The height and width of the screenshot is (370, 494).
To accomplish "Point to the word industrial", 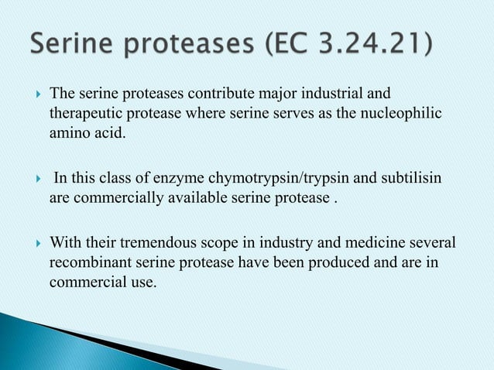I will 348,95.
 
